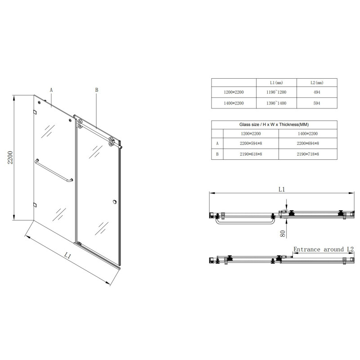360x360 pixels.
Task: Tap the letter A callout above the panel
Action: [51, 90]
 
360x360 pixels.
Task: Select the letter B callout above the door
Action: [96, 90]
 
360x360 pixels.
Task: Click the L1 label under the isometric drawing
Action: [68, 256]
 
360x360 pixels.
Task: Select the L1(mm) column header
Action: [276, 83]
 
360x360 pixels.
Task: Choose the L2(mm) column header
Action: [317, 83]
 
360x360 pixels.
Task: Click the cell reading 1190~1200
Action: [276, 93]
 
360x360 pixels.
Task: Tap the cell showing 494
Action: [317, 93]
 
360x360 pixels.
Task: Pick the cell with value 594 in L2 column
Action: [317, 103]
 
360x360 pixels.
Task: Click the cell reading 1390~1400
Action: [276, 103]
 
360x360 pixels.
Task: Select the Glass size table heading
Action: [274, 124]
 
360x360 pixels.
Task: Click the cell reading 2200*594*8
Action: [251, 144]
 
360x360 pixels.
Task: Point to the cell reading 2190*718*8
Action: [308, 154]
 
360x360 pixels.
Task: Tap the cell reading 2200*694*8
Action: [308, 144]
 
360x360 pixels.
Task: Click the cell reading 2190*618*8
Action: [251, 154]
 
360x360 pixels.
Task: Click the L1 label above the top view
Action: [282, 189]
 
